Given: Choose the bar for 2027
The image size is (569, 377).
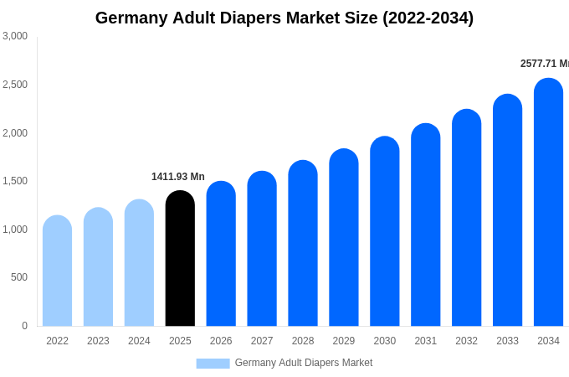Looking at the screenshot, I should [262, 249].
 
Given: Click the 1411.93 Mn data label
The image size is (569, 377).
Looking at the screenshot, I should [178, 177].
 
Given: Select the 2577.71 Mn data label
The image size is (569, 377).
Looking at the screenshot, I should [544, 64].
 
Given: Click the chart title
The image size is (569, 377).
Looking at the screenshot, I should [284, 18].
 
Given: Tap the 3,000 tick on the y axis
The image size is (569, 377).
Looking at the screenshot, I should [15, 36].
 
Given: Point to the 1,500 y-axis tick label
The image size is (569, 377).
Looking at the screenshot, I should [15, 181].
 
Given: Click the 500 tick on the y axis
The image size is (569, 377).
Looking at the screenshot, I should [18, 277].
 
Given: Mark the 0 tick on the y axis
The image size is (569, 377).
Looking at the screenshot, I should [24, 326].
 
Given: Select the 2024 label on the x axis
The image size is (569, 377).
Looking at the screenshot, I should [139, 341].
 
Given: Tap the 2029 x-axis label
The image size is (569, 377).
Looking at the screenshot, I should [344, 341].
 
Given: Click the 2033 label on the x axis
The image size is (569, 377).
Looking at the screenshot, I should [507, 341].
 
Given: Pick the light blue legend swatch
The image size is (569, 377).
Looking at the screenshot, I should [213, 364].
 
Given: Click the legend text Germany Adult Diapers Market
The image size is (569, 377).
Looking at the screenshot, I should [304, 363].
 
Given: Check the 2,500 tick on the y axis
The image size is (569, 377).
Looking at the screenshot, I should [15, 85].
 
